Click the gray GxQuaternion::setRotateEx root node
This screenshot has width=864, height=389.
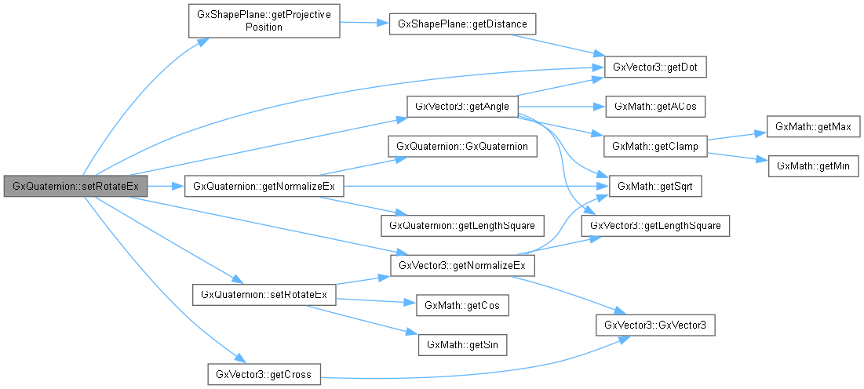[x=76, y=186]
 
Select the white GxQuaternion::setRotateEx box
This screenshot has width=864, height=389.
[x=264, y=294]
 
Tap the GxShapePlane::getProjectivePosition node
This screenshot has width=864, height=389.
[x=264, y=21]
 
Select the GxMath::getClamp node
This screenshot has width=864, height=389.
[x=655, y=146]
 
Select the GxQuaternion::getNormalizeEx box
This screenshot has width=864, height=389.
[x=264, y=186]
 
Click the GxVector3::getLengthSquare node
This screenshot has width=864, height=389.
[x=655, y=226]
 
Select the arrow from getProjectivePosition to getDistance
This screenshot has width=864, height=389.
[x=364, y=23]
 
